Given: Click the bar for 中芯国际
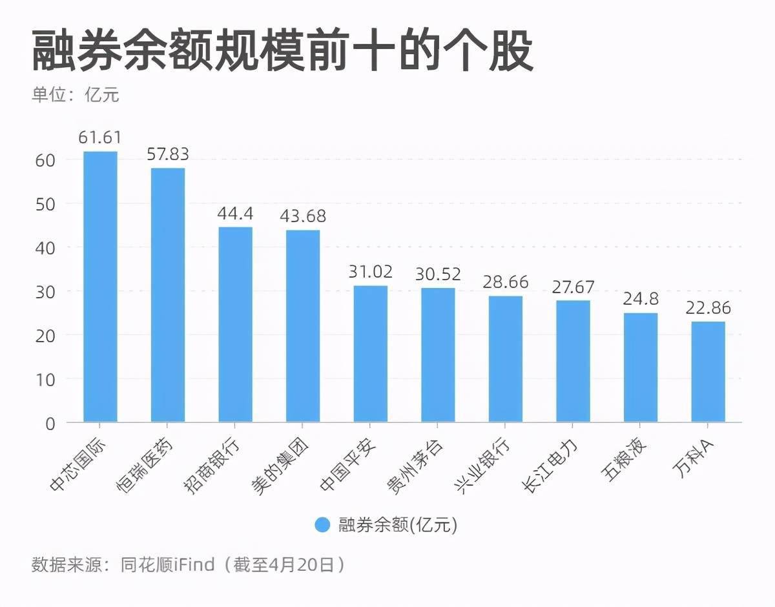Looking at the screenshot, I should click(100, 287).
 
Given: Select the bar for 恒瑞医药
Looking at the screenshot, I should click(168, 295).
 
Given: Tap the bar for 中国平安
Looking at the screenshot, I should click(370, 354).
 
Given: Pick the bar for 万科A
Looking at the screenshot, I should click(708, 372).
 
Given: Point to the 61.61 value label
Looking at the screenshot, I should click(100, 138).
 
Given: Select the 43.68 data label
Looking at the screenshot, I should click(303, 216).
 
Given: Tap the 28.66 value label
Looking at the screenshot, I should click(505, 282).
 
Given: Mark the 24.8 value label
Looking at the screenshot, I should click(640, 298).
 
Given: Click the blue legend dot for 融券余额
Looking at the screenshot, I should click(322, 525).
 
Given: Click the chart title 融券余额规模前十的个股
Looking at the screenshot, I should click(282, 52).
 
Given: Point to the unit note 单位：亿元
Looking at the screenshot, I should click(76, 95).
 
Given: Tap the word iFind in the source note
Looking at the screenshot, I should click(192, 565).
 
